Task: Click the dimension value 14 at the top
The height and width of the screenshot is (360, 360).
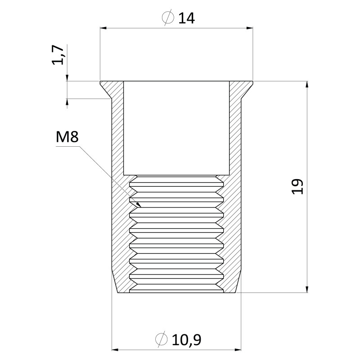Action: pyautogui.click(x=186, y=18)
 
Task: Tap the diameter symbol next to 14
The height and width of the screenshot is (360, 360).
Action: pyautogui.click(x=168, y=18)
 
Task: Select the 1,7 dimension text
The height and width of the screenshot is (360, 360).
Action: pyautogui.click(x=58, y=55)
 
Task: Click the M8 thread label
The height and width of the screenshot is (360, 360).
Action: pyautogui.click(x=67, y=137)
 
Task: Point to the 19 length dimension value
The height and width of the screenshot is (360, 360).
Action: pyautogui.click(x=297, y=186)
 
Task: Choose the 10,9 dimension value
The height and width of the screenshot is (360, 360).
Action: pyautogui.click(x=186, y=340)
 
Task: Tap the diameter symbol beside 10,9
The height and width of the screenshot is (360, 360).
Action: pyautogui.click(x=161, y=339)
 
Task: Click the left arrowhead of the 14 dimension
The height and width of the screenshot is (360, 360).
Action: pyautogui.click(x=103, y=28)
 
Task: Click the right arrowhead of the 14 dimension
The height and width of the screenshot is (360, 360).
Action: pyautogui.click(x=250, y=28)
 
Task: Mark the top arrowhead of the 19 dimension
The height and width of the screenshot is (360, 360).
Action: pyautogui.click(x=307, y=85)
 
